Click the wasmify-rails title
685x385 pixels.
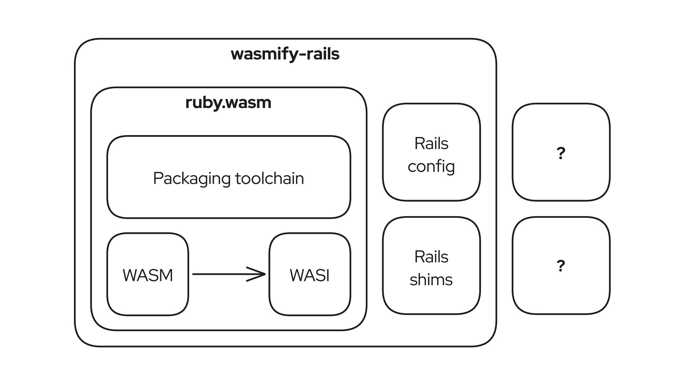tap(285, 55)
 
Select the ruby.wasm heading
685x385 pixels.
tap(228, 103)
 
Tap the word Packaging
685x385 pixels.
tap(191, 179)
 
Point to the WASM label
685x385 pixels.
tap(148, 275)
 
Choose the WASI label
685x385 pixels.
tap(310, 275)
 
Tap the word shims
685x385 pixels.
tap(431, 279)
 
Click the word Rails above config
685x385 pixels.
tap(431, 144)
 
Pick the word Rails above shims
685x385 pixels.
tap(431, 257)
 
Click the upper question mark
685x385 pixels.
tap(561, 153)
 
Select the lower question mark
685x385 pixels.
tap(561, 266)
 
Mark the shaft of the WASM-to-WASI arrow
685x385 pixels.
tap(228, 274)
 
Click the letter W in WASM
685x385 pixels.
tap(130, 275)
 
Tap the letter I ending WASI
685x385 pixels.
tap(328, 275)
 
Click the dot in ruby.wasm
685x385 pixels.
tap(223, 107)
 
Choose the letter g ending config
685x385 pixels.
tap(450, 168)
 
